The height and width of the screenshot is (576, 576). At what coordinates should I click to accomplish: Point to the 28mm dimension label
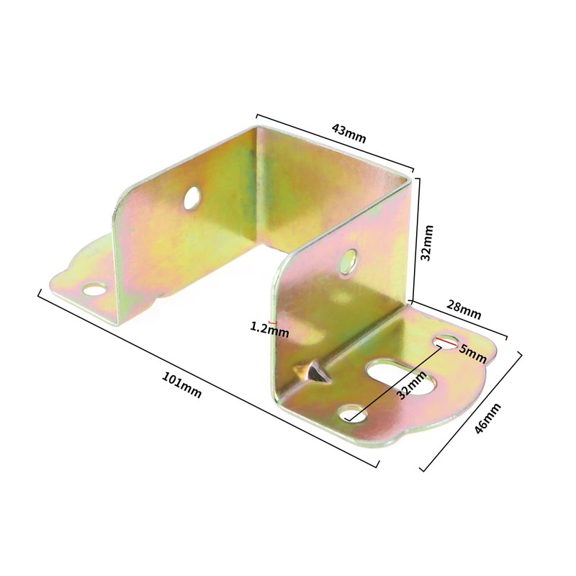[x=464, y=311]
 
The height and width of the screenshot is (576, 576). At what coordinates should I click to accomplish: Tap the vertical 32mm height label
[x=427, y=243]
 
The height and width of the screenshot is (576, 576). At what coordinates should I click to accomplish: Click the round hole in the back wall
[x=192, y=197]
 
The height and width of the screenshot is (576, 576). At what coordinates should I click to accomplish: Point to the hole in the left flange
[x=94, y=290]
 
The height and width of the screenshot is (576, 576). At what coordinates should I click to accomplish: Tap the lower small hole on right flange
[x=351, y=413]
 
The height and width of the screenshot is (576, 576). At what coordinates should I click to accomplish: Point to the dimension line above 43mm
[x=335, y=144]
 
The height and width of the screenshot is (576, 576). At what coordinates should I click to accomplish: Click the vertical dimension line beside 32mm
[x=415, y=238]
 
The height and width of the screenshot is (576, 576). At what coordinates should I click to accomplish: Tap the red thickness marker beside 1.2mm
[x=270, y=321]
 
